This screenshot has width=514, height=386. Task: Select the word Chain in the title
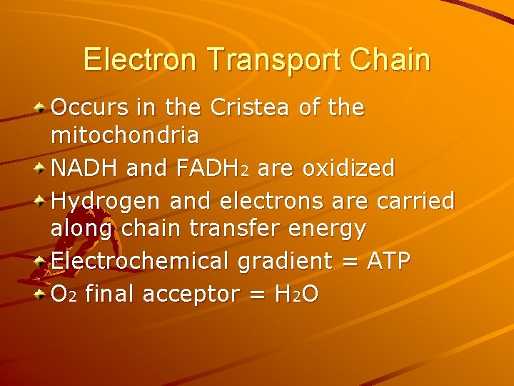pyautogui.click(x=390, y=60)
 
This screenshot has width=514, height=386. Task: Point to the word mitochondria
pyautogui.click(x=125, y=134)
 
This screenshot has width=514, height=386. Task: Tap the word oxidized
pyautogui.click(x=348, y=169)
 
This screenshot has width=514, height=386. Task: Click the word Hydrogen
pyautogui.click(x=106, y=202)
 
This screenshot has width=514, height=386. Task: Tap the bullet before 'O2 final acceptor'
pyautogui.click(x=42, y=293)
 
